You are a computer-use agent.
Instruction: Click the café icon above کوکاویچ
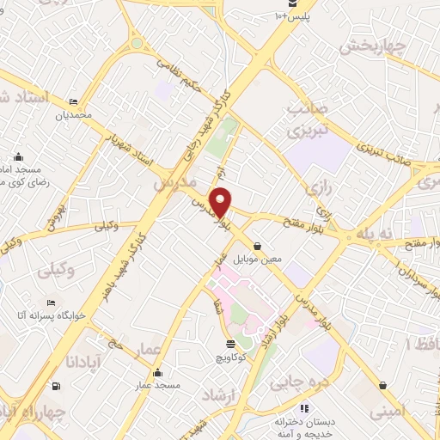(220, 342)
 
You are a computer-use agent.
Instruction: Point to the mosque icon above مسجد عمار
(157, 373)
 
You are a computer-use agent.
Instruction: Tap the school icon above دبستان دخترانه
(303, 408)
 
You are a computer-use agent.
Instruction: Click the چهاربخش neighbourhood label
(370, 48)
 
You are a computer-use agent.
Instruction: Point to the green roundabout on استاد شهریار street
(137, 43)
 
